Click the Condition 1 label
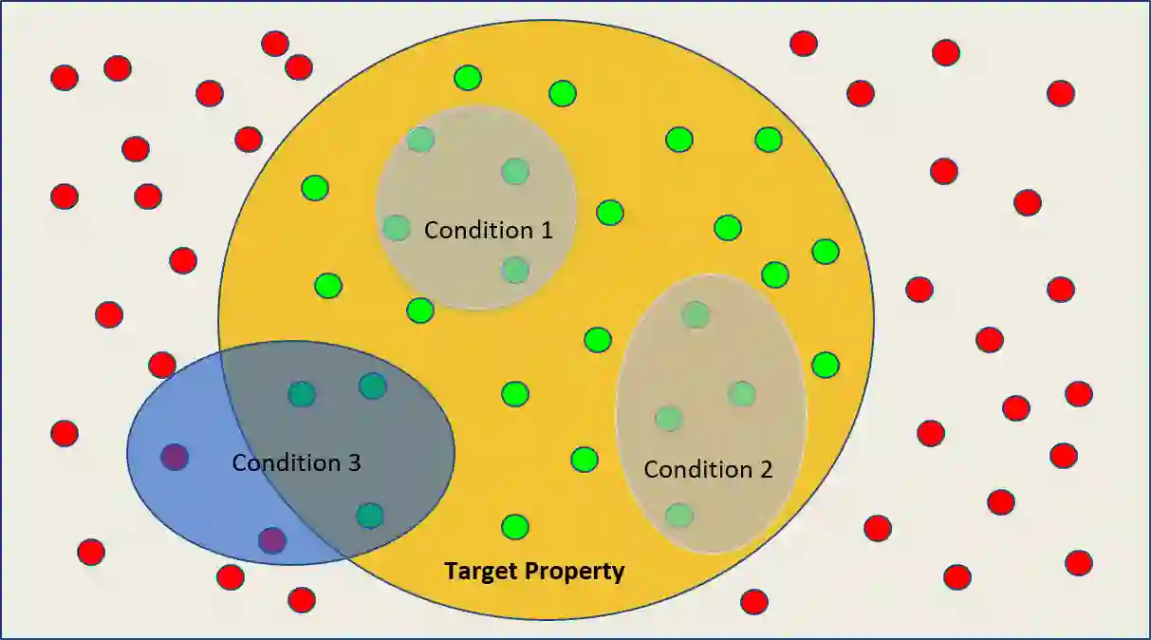[x=487, y=230]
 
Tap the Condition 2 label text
[x=708, y=469]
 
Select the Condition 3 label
[x=296, y=463]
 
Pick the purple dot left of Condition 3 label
[x=175, y=457]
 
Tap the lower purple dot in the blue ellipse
[x=272, y=540]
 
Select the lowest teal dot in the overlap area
[x=369, y=516]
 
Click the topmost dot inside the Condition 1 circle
[x=420, y=140]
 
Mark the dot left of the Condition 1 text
[x=397, y=228]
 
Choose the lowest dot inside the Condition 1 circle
[x=515, y=271]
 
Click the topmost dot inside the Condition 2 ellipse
[x=696, y=314]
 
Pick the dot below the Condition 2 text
[x=678, y=516]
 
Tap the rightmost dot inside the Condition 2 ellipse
[x=742, y=393]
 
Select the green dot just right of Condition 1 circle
[x=610, y=212]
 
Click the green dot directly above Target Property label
[x=515, y=526]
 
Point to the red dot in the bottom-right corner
[x=1078, y=563]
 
